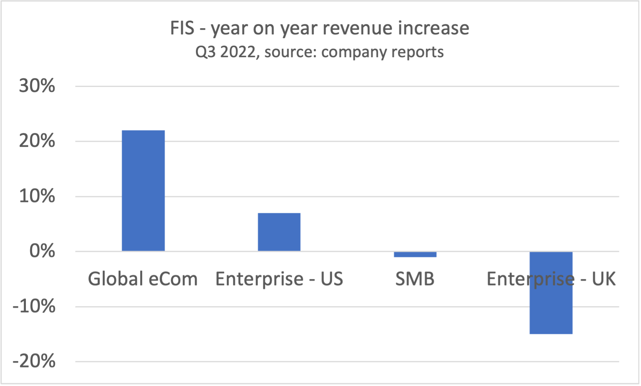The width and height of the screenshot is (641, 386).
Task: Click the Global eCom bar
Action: tap(143, 190)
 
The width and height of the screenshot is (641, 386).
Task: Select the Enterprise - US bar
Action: tap(279, 232)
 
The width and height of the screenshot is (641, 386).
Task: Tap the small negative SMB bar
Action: tap(415, 254)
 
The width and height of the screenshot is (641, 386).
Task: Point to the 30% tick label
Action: tap(37, 86)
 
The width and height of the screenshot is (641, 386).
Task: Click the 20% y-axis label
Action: tap(37, 141)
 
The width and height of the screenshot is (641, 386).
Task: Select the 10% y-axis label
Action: tap(37, 196)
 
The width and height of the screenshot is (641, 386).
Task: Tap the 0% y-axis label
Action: tap(42, 251)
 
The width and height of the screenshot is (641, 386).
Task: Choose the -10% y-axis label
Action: tap(34, 307)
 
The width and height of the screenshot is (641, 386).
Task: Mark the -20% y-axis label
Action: tap(34, 362)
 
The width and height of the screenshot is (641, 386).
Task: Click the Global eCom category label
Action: tap(143, 279)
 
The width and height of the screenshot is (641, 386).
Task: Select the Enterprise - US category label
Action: tap(279, 279)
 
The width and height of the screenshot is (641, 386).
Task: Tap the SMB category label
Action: tap(415, 279)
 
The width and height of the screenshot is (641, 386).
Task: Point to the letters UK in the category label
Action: tap(604, 279)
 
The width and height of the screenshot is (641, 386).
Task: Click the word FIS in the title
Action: tap(182, 28)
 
